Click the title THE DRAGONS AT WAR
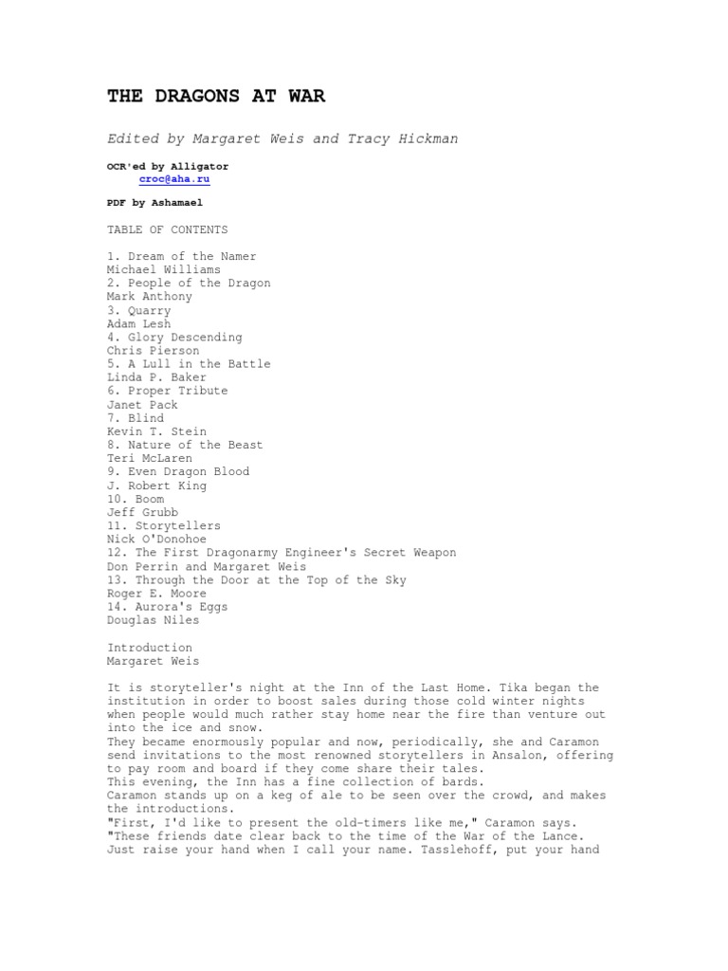pyautogui.click(x=216, y=97)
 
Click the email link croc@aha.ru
pyautogui.click(x=174, y=178)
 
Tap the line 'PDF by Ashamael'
pyautogui.click(x=155, y=202)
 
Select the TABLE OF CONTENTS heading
pyautogui.click(x=167, y=229)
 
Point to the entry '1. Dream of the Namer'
pyautogui.click(x=181, y=256)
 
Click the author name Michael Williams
pyautogui.click(x=164, y=269)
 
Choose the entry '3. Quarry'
pyautogui.click(x=139, y=310)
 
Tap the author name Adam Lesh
pyautogui.click(x=139, y=323)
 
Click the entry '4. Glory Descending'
pyautogui.click(x=174, y=337)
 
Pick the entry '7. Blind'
pyautogui.click(x=136, y=417)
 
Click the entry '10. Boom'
pyautogui.click(x=136, y=499)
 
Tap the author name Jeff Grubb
pyautogui.click(x=143, y=512)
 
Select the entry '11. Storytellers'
pyautogui.click(x=164, y=525)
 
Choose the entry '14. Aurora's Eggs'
pyautogui.click(x=168, y=606)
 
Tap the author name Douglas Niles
pyautogui.click(x=154, y=619)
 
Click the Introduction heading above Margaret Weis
pyautogui.click(x=150, y=648)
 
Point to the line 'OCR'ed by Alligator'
pyautogui.click(x=168, y=165)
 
